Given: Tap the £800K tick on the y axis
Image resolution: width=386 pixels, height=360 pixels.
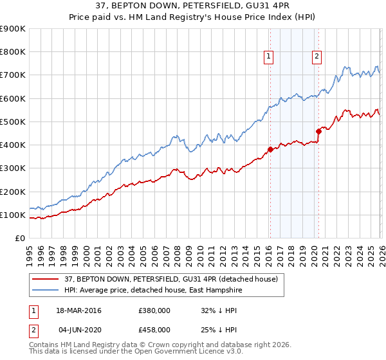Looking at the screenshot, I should click(x=13, y=52).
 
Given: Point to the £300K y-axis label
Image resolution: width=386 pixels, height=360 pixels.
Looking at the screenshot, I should click(x=13, y=168).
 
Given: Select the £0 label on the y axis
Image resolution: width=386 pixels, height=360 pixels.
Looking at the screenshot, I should click(x=19, y=239).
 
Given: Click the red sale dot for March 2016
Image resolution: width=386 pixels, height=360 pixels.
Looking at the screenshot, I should click(x=270, y=150).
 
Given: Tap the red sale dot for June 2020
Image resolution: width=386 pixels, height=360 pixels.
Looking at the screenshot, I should click(x=318, y=131).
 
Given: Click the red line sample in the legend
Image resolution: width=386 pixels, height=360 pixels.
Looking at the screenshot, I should click(x=46, y=279).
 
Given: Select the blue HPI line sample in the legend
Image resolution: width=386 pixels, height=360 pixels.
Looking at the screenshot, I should click(x=46, y=290).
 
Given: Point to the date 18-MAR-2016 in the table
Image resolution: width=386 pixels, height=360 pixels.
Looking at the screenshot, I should click(x=79, y=311).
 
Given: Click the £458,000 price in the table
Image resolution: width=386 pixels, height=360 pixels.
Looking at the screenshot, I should click(x=154, y=329).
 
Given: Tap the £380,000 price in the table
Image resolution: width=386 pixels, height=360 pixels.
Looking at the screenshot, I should click(x=154, y=311).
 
